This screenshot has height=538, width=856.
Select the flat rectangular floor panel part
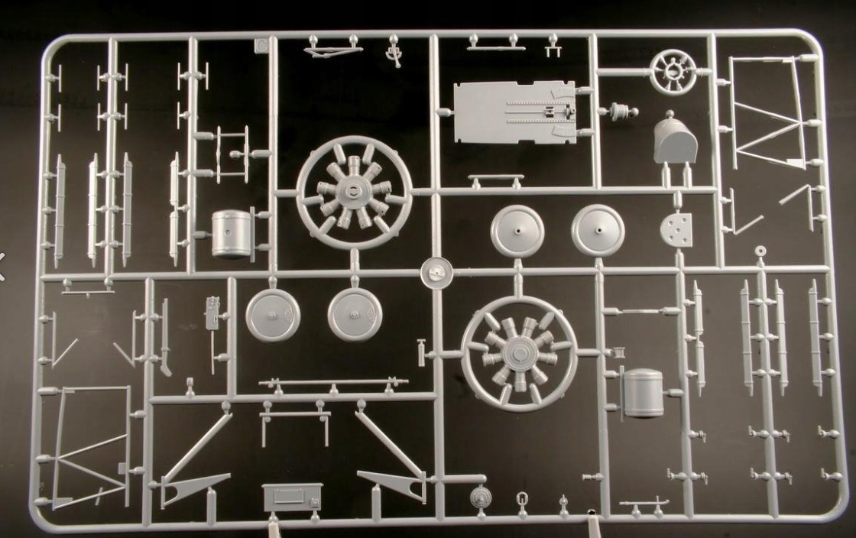[x=512, y=112]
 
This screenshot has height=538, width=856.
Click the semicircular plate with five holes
[x=676, y=228]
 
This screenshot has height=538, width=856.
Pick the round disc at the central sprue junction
[x=436, y=273]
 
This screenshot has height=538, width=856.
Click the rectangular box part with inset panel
[x=291, y=497]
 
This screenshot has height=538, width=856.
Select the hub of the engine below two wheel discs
[x=519, y=354]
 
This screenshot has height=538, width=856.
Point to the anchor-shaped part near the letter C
[x=394, y=52]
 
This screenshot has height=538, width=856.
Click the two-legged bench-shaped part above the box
[x=295, y=418]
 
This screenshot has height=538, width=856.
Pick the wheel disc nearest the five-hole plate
[x=598, y=229]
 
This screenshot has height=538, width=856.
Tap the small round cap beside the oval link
[x=479, y=498]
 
